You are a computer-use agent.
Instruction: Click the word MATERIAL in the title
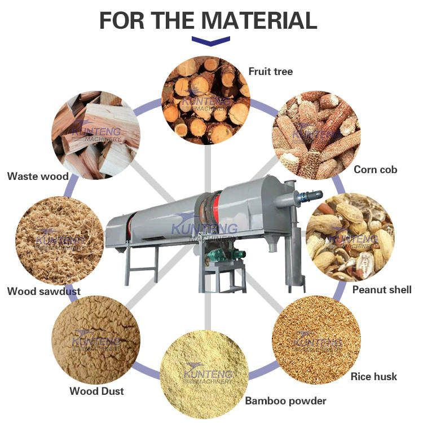[x=259, y=20]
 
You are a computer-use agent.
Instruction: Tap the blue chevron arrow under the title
[x=211, y=41]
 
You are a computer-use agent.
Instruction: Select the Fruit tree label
[x=271, y=72]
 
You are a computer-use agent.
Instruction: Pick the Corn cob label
[x=375, y=169]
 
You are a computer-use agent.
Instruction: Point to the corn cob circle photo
[x=316, y=135]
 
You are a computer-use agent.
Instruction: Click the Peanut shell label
[x=382, y=290]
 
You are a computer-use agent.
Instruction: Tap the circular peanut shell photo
[x=350, y=237]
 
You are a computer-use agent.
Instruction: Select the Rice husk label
[x=374, y=376]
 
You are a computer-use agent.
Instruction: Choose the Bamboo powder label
[x=285, y=401]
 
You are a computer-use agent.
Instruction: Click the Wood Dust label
[x=96, y=391]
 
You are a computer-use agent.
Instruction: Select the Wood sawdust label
[x=43, y=292]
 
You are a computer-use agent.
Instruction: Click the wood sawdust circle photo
[x=59, y=240]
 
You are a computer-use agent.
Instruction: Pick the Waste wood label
[x=38, y=177]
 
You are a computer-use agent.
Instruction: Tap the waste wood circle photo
[x=96, y=135]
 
